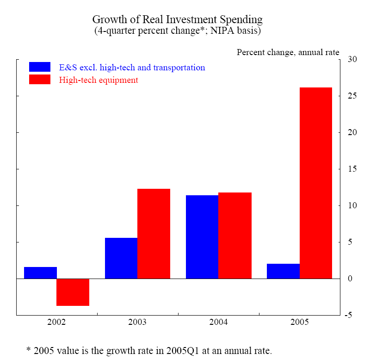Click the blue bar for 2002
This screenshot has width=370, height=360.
point(40,273)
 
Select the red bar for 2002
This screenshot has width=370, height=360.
point(73,292)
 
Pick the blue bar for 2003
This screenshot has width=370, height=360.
point(121,258)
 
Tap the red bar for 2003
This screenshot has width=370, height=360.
point(154,234)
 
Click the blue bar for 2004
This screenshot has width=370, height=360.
point(202,237)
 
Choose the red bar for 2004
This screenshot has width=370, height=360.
point(234,236)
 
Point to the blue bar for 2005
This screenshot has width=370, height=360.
point(283,271)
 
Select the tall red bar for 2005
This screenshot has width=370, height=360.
point(316,183)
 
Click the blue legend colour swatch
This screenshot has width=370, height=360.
point(40,67)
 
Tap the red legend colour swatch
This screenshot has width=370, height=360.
point(40,80)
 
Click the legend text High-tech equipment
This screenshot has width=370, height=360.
point(99,80)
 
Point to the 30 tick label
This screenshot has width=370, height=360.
point(352,60)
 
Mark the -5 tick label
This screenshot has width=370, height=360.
point(351,315)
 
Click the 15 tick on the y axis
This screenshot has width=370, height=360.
point(352,169)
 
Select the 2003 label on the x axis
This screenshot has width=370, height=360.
point(137,322)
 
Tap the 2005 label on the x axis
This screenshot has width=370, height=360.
point(299,322)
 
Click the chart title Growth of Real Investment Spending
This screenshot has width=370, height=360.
point(178,20)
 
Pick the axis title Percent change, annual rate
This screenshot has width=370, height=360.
point(288,52)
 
